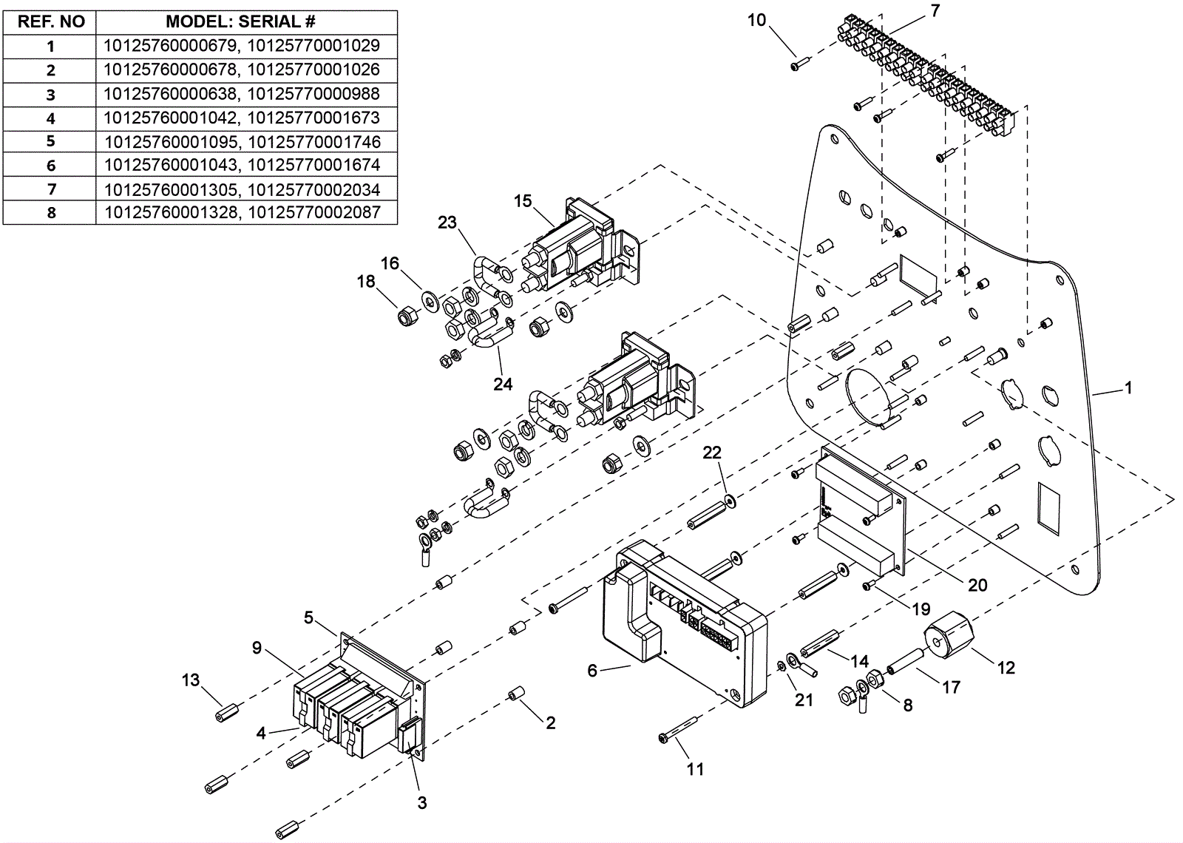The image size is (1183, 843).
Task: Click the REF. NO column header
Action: (50, 21)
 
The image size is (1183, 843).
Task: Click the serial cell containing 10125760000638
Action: (242, 94)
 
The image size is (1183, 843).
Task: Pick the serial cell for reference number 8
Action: (242, 212)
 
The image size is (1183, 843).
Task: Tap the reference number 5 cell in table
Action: (50, 141)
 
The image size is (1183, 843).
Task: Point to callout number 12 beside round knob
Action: (1006, 668)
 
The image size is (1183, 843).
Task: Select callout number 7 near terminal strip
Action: (935, 11)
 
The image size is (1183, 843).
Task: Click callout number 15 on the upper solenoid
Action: (523, 201)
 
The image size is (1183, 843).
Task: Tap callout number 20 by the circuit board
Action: (977, 585)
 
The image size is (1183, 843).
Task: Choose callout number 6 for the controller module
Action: (592, 671)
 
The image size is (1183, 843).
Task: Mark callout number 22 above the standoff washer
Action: (712, 453)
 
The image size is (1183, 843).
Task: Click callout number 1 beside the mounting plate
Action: (1128, 387)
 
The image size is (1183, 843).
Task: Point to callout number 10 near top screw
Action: (756, 20)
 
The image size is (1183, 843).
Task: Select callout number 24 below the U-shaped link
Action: (503, 384)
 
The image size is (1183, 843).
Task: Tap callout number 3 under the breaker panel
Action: (422, 802)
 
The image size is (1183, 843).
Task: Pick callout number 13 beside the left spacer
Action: (191, 680)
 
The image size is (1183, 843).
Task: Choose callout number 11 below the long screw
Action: (695, 770)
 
